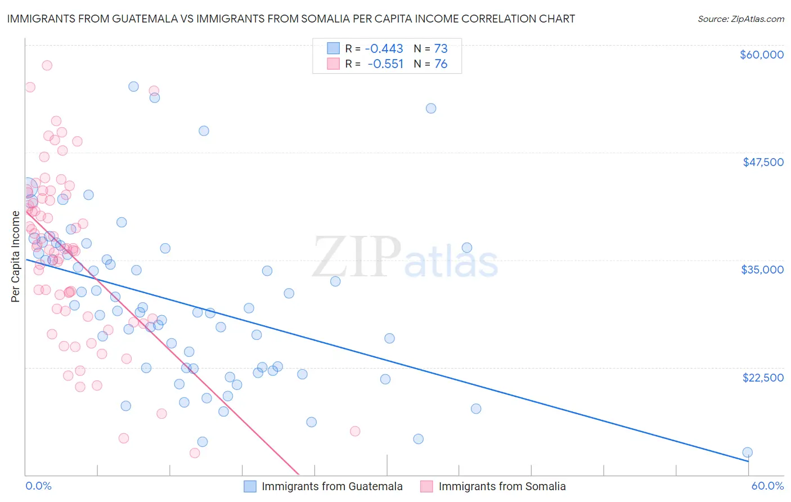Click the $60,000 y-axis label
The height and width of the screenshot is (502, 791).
[x=761, y=55]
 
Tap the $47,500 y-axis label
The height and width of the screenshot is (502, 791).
[x=763, y=162]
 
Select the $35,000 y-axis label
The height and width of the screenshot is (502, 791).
[x=762, y=270]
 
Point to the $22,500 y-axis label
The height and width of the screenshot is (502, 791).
[x=763, y=378]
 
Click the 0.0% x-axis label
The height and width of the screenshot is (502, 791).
[x=38, y=486]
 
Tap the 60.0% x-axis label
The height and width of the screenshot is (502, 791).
[x=767, y=486]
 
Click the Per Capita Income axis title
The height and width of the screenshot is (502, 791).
[x=15, y=256]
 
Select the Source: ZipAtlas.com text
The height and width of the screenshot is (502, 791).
[x=740, y=19]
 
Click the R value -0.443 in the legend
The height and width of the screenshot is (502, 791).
[x=384, y=48]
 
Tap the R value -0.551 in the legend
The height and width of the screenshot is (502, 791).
[x=385, y=64]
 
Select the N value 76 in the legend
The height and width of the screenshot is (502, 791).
[x=441, y=64]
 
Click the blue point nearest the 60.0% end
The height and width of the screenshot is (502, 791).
[x=747, y=452]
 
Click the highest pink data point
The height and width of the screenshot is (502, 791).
[x=47, y=65]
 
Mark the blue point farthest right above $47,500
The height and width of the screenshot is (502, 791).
[x=431, y=109]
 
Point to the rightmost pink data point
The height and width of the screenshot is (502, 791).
[x=355, y=431]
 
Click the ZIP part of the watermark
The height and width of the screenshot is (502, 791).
[x=357, y=257]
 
